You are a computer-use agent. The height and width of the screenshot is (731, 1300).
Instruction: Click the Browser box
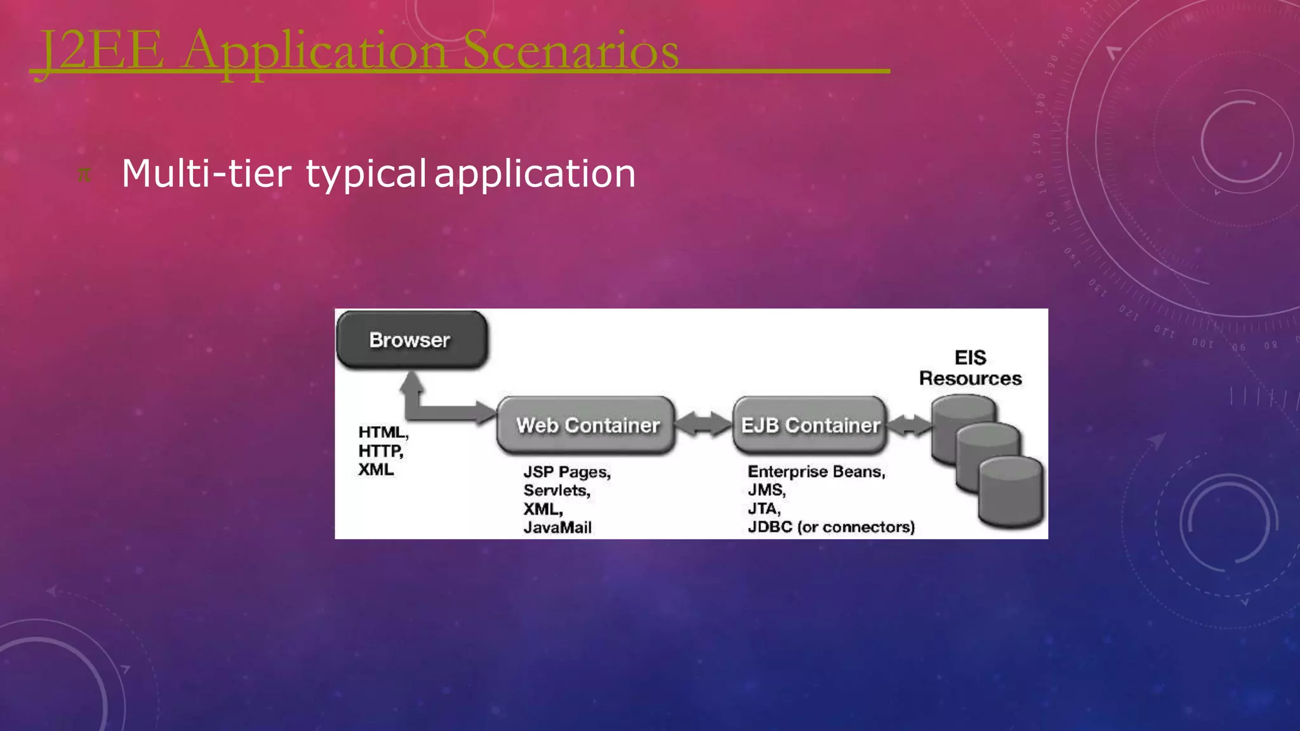point(411,340)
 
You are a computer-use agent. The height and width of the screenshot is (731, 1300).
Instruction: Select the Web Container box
point(587,425)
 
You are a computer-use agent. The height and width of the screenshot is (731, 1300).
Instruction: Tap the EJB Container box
point(810,425)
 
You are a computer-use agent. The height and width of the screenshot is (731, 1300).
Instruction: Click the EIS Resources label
point(970,368)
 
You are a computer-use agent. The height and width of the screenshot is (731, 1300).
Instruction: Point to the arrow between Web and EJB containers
point(703,425)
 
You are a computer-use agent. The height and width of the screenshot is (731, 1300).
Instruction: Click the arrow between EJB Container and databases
point(909,425)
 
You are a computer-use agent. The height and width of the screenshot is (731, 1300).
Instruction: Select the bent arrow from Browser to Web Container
point(438,406)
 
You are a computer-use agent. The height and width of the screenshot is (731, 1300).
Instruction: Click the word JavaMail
point(557,527)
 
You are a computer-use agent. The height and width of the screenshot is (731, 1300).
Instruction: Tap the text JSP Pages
point(566,472)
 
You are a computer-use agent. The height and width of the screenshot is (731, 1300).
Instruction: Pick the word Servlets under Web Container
point(556,491)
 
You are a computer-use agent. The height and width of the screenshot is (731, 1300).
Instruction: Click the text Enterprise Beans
point(816,471)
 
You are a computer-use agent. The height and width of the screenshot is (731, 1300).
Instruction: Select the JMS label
point(766,490)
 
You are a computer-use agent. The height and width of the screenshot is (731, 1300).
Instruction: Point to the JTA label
point(764,509)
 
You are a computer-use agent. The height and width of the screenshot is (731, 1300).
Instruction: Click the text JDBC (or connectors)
point(831,527)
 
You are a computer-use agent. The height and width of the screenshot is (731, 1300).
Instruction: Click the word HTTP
point(380,451)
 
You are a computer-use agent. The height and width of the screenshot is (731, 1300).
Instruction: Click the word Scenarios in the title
point(570,51)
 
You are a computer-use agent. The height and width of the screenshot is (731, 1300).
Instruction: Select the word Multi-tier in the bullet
point(206,173)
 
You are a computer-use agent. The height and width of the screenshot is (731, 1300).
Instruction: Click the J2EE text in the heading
point(102,51)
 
